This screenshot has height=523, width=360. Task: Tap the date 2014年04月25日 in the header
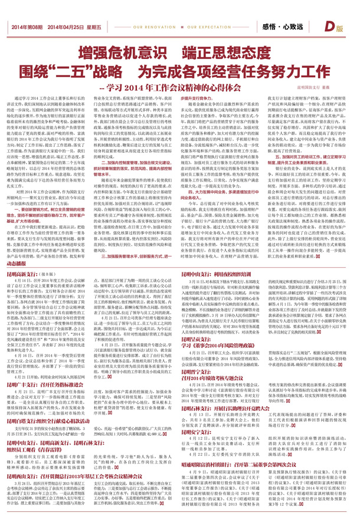(x=66, y=28)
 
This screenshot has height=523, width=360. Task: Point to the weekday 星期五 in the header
(x=94, y=28)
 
